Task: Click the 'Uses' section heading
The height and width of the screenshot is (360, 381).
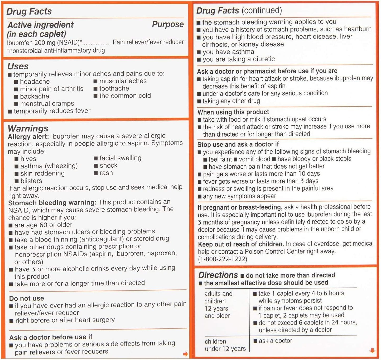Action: [x=18, y=66]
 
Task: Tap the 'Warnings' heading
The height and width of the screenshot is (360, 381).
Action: [x=28, y=128]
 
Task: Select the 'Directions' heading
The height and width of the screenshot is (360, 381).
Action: [x=218, y=275]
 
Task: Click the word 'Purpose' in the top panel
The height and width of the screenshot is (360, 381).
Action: [x=168, y=24]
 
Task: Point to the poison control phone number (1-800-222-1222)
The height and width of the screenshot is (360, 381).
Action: [x=223, y=259]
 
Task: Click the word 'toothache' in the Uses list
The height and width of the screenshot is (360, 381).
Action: [x=114, y=88]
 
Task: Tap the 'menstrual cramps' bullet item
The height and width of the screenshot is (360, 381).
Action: [x=47, y=103]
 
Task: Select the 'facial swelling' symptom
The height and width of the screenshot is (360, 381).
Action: [x=120, y=158]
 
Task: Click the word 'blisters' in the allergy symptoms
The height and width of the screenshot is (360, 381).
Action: [x=31, y=181]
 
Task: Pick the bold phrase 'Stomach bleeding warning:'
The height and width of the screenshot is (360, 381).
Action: [x=52, y=203]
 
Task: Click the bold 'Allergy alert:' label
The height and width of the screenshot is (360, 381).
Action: [x=28, y=136]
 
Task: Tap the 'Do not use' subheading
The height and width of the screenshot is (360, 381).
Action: [x=27, y=298]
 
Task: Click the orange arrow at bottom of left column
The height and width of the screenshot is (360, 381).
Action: [x=185, y=354]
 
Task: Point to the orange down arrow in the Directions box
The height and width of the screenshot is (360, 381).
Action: [x=372, y=350]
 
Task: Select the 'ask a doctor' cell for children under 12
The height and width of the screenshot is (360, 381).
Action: [x=275, y=341]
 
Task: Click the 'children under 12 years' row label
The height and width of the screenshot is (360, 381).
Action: [x=225, y=345]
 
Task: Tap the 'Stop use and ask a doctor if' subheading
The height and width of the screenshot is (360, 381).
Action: [x=238, y=144]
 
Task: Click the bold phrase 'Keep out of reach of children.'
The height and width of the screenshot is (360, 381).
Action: [x=241, y=244]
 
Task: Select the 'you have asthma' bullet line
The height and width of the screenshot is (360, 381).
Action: [x=228, y=52]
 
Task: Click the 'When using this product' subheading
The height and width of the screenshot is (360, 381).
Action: [x=233, y=112]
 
